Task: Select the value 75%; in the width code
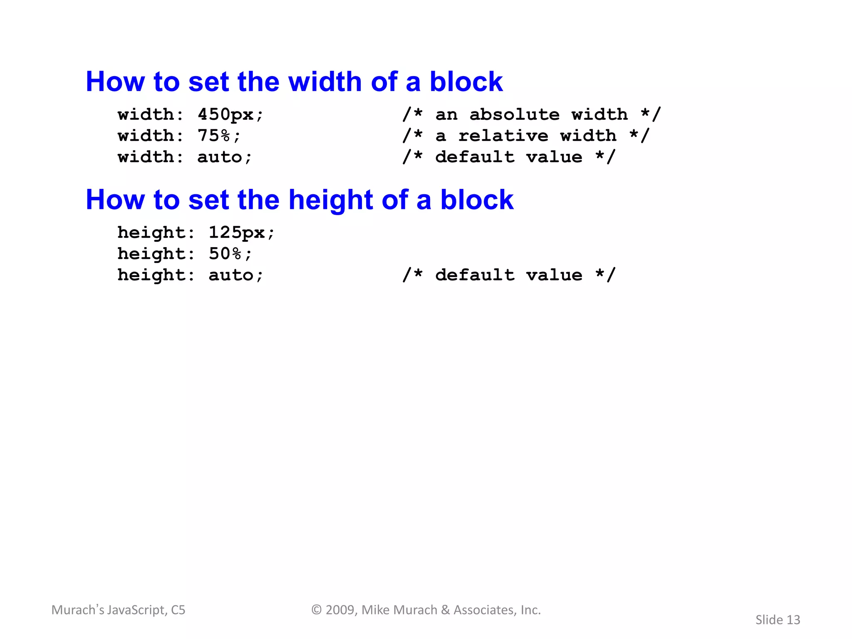(219, 136)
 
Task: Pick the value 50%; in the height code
(230, 254)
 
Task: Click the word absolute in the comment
(514, 114)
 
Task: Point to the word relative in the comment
(503, 136)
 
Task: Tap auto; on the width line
(225, 157)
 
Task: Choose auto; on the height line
(236, 275)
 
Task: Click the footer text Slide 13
(778, 620)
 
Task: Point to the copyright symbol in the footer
(317, 610)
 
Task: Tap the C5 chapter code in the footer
(178, 610)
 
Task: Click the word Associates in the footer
(485, 610)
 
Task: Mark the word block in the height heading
(477, 200)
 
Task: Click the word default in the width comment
(475, 157)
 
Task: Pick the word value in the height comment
(554, 275)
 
